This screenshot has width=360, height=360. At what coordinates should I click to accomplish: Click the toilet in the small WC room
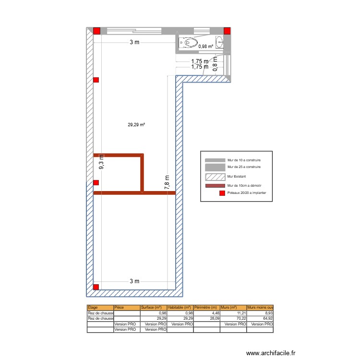(190, 43)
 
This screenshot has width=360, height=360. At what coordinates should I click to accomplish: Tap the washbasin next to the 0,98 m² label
(220, 42)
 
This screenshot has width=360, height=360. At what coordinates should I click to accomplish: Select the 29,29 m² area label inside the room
(136, 125)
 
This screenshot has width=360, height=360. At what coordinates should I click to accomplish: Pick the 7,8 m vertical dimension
(167, 183)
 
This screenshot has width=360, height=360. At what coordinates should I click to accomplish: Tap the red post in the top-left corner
(96, 31)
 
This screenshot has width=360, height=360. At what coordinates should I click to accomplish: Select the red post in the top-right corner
(228, 31)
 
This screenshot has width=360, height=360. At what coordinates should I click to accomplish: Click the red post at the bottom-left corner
(96, 287)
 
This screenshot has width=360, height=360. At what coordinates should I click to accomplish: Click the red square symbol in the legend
(222, 193)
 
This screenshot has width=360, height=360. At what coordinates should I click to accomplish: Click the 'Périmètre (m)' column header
(206, 307)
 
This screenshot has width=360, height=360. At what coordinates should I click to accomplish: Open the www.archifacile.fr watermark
(271, 353)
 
